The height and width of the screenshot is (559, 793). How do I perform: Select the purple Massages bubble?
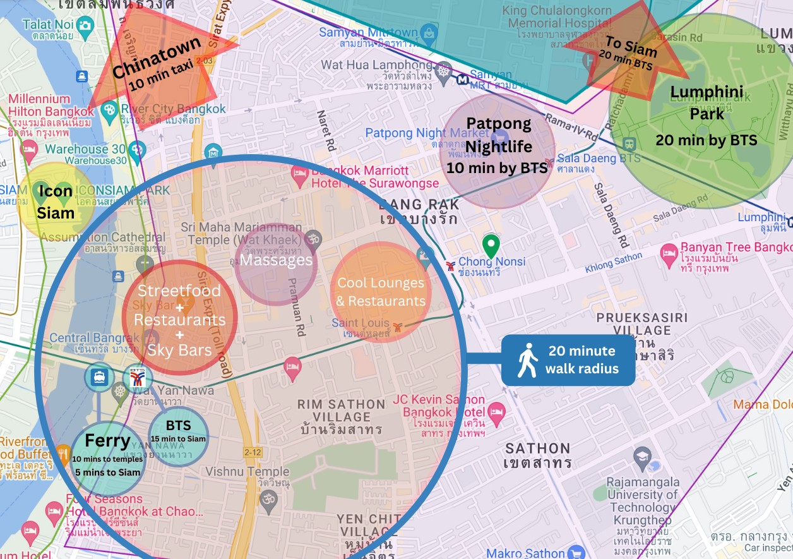(276, 260)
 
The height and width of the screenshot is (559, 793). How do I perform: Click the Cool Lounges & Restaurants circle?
(380, 292)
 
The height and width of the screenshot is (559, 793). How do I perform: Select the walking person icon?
(527, 361)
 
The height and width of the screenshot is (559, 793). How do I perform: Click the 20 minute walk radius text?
(581, 360)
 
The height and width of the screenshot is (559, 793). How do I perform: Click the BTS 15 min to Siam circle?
(178, 433)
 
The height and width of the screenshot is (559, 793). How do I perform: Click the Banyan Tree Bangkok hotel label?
(736, 248)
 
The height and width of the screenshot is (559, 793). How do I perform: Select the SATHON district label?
(537, 448)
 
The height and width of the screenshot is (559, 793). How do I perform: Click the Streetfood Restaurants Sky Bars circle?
(179, 318)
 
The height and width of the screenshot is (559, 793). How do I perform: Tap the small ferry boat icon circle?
(99, 377)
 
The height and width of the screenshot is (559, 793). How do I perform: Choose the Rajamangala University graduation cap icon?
(642, 459)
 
